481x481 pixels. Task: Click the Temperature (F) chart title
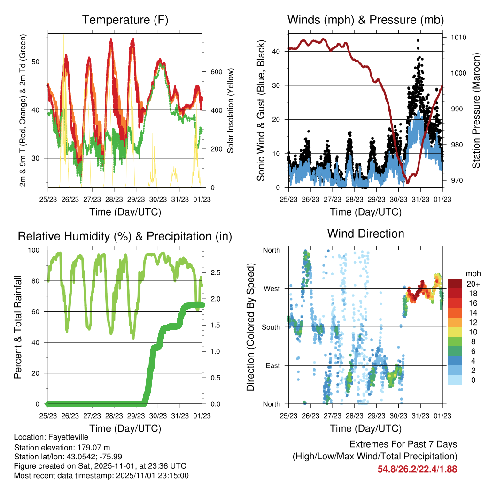pyautogui.click(x=125, y=20)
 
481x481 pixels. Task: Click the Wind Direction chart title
pyautogui.click(x=365, y=233)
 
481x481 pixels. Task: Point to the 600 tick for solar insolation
pyautogui.click(x=216, y=72)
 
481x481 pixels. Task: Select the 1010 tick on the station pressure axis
pyautogui.click(x=458, y=37)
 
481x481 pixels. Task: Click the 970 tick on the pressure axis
pyautogui.click(x=457, y=180)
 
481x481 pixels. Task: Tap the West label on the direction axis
pyautogui.click(x=271, y=288)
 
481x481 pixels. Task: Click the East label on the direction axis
pyautogui.click(x=272, y=365)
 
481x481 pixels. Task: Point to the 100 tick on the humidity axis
pyautogui.click(x=35, y=250)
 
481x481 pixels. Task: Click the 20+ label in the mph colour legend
pyautogui.click(x=472, y=284)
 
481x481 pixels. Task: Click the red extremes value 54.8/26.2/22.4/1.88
pyautogui.click(x=417, y=469)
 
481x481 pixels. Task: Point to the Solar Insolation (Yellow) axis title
pyautogui.click(x=231, y=110)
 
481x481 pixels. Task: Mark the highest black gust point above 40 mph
pyautogui.click(x=418, y=40)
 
